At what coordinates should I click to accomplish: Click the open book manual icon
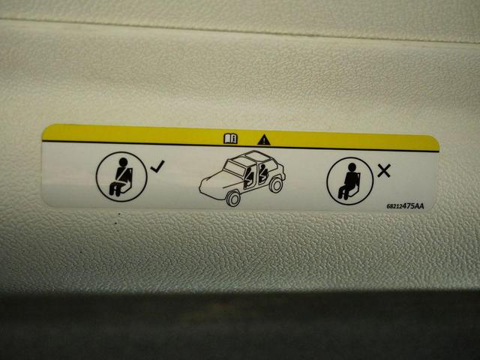230,138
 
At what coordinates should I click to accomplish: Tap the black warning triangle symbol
264,140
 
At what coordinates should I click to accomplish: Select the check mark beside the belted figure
157,166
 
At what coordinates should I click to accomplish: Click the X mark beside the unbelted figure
384,171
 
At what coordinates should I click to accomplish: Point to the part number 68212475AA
405,206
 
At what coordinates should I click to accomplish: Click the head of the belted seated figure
123,162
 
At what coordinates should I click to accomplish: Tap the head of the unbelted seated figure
352,167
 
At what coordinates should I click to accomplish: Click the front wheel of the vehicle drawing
233,199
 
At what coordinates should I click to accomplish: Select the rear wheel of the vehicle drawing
276,185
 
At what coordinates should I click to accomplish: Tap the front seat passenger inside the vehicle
249,177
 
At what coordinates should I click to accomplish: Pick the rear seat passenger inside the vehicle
263,173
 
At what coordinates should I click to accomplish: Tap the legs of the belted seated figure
116,188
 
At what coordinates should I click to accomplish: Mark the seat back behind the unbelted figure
357,184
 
